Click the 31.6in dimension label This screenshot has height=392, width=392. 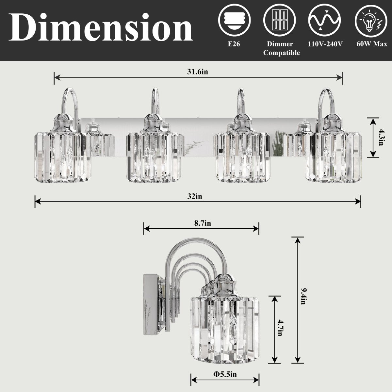[197, 72]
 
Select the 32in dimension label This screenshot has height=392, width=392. [197, 196]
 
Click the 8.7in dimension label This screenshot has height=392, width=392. [203, 223]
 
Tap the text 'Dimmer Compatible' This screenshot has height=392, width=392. [281, 48]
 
